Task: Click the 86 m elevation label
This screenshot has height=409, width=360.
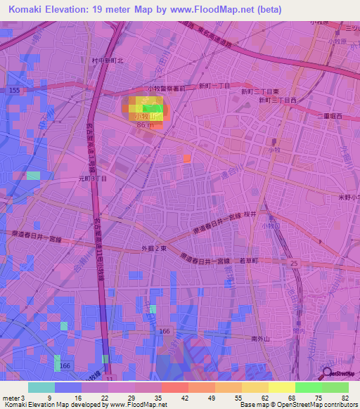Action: pos(145,124)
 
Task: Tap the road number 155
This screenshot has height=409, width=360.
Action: pos(14,91)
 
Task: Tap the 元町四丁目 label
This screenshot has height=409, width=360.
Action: pos(93,180)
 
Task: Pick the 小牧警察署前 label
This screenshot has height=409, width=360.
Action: pos(167,88)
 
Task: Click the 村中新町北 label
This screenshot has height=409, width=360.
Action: pos(108,61)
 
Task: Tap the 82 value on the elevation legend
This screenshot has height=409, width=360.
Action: pos(345,398)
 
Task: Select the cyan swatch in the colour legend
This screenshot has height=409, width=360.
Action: pos(41,387)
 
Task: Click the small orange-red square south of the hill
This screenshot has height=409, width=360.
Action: pos(187,158)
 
